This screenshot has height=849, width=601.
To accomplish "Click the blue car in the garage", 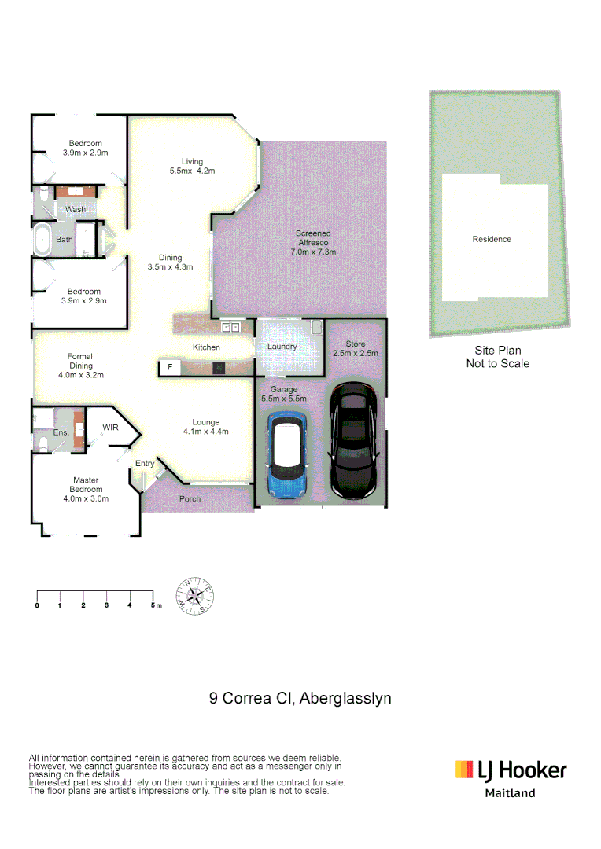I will coord(289,456).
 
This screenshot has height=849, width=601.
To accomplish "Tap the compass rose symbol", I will coord(194,596).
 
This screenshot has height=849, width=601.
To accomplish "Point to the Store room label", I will coord(356,348).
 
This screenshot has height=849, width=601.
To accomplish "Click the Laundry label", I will coord(282,347).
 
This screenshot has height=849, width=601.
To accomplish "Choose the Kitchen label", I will coord(207,347).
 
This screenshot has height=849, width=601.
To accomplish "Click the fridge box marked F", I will coord(169,367).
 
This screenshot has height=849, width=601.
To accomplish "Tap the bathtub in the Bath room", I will coord(42,240).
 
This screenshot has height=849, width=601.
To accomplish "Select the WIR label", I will coord(110,428).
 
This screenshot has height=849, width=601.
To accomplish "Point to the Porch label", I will coord(190,498).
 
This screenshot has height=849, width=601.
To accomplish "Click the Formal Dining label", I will coord(80,366).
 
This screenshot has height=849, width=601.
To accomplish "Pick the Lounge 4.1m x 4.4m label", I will coord(205,427).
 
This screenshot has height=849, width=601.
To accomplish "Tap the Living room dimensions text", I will coord(193,171).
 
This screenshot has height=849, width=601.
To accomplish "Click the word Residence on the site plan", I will coord(492,239).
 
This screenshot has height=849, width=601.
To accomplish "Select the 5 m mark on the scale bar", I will coord(154,605).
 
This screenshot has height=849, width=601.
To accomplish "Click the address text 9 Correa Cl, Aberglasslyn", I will coord(300,698).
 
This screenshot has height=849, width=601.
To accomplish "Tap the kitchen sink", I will coord(230,327).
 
